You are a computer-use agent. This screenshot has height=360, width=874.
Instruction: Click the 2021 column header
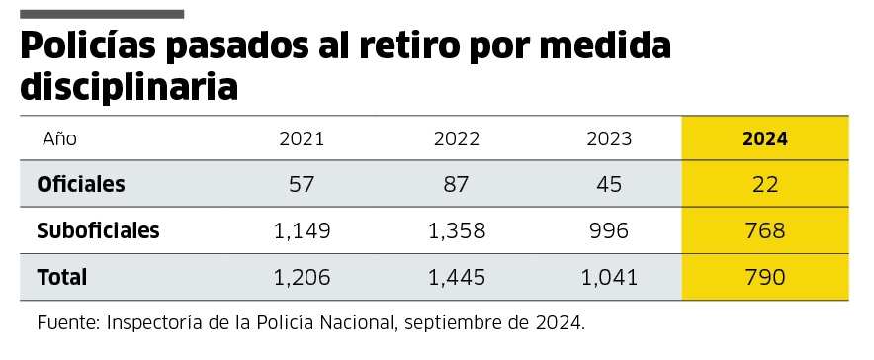tap(302, 138)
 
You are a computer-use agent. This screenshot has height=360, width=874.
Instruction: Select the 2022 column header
tap(456, 138)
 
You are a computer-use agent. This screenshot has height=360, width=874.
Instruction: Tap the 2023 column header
tap(609, 138)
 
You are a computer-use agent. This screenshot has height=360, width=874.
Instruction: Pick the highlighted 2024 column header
tap(764, 138)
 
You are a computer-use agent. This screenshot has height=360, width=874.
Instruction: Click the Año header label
tap(59, 138)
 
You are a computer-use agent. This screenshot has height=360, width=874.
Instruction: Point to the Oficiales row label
tap(81, 184)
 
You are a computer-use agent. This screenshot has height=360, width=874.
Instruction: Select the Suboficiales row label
tap(98, 231)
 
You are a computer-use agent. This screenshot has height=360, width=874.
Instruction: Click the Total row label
tap(62, 278)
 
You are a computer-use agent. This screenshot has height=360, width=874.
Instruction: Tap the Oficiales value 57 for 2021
tap(302, 185)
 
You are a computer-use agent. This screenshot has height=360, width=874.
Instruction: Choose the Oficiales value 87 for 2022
tap(456, 185)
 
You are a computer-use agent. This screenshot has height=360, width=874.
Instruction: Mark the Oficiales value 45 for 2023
tap(609, 185)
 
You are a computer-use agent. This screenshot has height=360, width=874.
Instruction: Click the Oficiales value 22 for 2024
tap(764, 185)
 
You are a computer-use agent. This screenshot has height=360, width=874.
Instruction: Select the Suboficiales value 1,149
tap(302, 231)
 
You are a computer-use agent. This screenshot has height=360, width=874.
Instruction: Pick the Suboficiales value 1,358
tap(456, 231)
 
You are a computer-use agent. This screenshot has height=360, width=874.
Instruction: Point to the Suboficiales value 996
tap(609, 231)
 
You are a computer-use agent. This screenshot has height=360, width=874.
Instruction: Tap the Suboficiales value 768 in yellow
tap(764, 231)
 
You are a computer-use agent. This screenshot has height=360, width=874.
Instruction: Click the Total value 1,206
tap(302, 278)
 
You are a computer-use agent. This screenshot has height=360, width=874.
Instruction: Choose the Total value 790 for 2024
tap(764, 278)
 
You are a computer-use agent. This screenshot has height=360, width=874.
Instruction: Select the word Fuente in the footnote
tap(67, 323)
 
